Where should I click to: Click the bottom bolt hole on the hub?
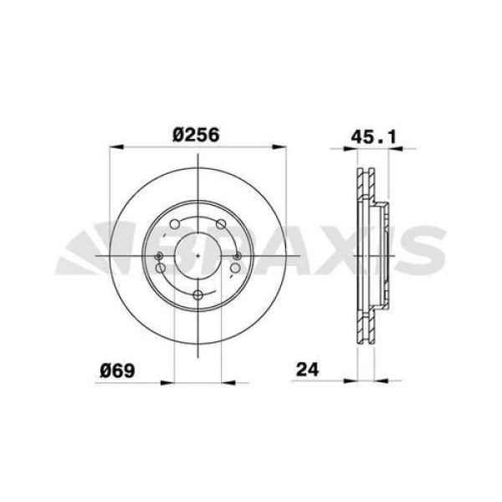coord(197,295)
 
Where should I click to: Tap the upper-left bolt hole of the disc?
coord(174,224)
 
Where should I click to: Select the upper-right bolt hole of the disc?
coord(220,224)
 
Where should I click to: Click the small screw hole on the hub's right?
coord(238,255)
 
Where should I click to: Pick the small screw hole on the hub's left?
coord(157,255)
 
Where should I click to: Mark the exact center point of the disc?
coord(197,255)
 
